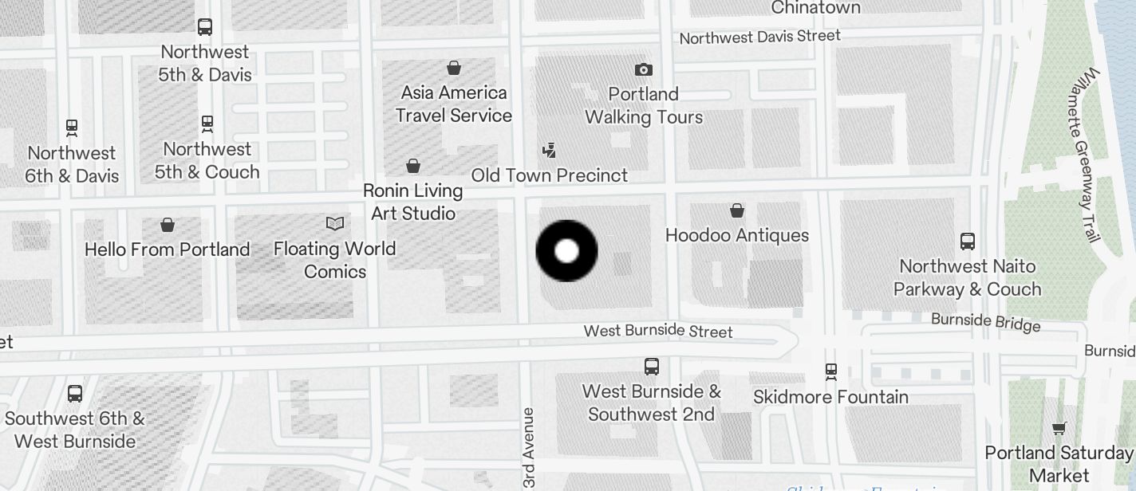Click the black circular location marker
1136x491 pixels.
coord(566,251)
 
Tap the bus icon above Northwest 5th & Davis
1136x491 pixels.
coord(205,27)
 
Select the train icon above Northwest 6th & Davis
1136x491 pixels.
coord(72,128)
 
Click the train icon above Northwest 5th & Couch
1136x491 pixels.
coord(207,124)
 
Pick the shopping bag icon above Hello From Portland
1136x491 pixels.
coord(168,225)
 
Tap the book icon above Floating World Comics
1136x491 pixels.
coord(335,224)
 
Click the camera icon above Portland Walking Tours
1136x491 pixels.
coord(643,70)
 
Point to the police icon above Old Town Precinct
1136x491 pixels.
coord(549,150)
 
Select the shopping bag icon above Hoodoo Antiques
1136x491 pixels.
coord(737,210)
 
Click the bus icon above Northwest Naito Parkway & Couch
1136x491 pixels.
coord(968,241)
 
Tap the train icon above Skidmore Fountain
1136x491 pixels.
coord(831,371)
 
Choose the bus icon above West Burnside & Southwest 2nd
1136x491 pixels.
coord(652,367)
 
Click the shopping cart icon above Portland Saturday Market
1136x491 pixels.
coord(1059,428)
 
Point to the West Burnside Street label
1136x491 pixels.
coord(658,331)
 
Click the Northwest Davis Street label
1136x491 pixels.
coord(759,37)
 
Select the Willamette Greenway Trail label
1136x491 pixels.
coord(1088,155)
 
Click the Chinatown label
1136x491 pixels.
coord(816,8)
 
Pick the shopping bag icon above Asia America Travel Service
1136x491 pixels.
coord(454,68)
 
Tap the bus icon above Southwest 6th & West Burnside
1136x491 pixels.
coord(75,394)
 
